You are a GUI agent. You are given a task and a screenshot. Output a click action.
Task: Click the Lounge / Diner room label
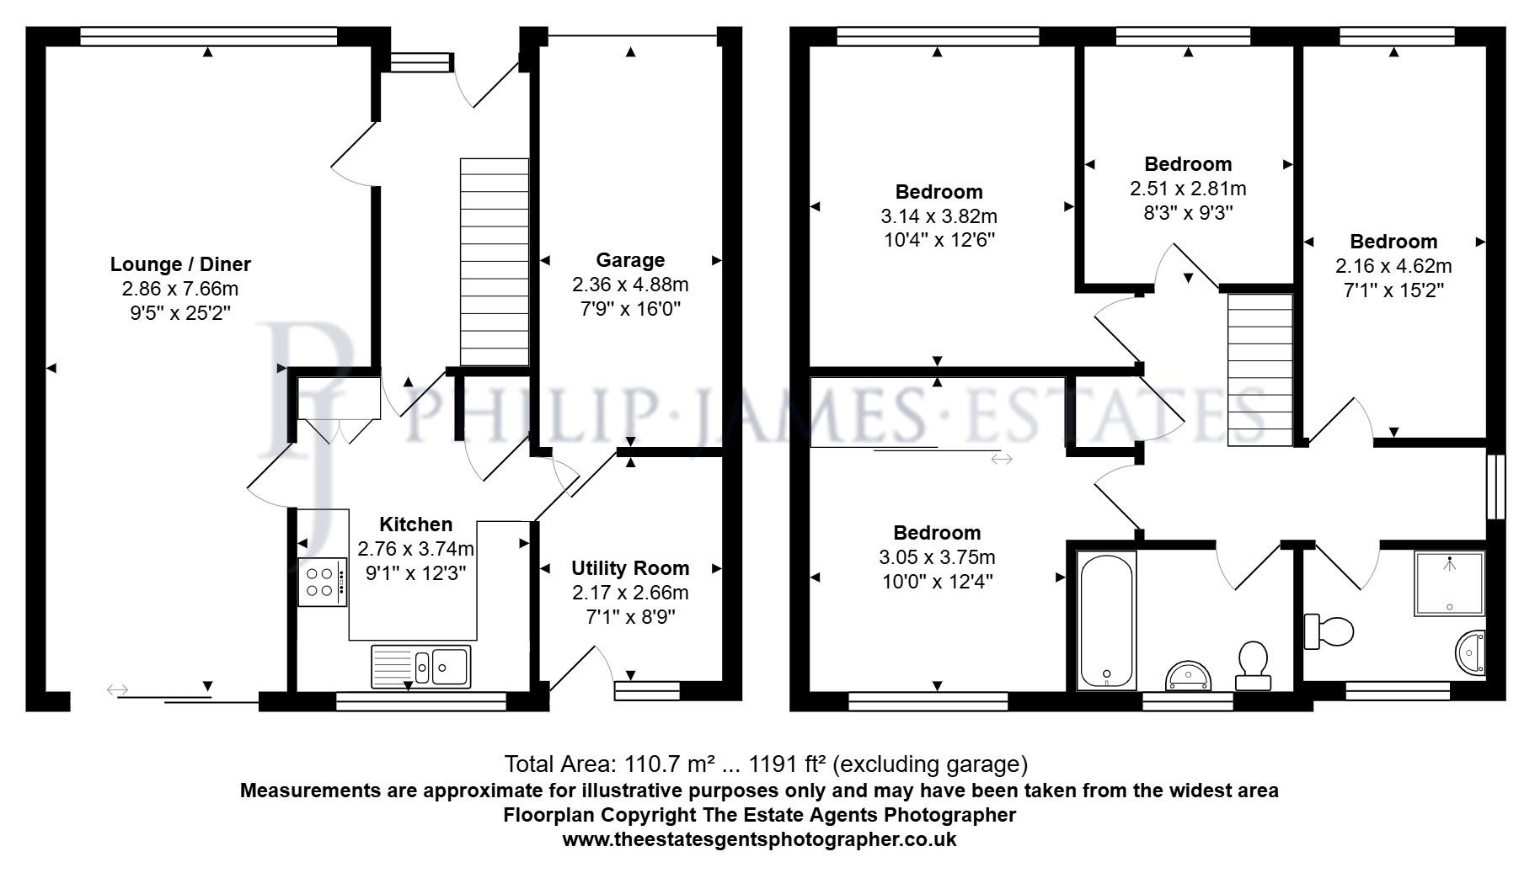click(180, 264)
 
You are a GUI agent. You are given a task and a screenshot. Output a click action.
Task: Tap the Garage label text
click(630, 260)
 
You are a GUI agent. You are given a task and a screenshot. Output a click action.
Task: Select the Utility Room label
click(630, 568)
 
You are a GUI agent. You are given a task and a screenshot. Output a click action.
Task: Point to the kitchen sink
click(421, 666)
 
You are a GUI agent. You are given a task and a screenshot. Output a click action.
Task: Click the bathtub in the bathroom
click(1107, 620)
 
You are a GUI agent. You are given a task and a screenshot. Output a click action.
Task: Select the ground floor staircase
click(494, 262)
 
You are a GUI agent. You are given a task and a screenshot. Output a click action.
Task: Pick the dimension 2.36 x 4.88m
click(630, 285)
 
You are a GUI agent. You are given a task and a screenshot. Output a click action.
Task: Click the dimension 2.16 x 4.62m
click(1393, 266)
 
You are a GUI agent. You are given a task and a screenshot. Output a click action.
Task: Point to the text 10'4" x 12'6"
click(939, 240)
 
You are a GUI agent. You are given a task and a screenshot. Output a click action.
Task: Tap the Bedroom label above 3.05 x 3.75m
click(937, 533)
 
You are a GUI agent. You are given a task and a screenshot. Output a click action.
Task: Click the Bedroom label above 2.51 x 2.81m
click(1188, 164)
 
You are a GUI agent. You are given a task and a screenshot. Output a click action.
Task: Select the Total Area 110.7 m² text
click(766, 764)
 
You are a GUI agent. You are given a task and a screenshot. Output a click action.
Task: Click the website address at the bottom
click(759, 839)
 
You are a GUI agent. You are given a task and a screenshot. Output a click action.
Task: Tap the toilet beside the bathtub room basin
click(1254, 665)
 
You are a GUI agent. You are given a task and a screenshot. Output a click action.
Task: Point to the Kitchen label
click(415, 524)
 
